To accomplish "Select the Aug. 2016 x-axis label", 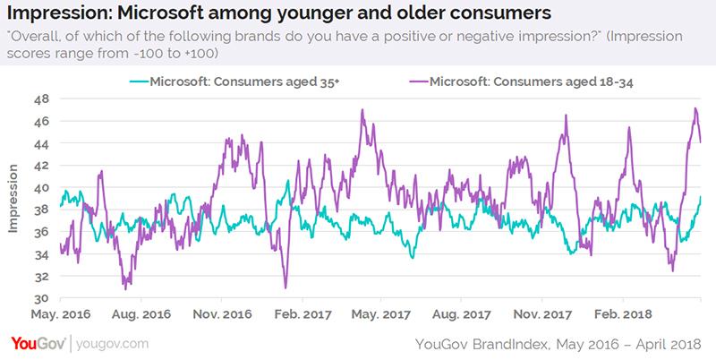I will pos(141,315).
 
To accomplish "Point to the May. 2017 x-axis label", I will pos(385,315).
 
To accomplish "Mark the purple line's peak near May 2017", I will pos(362,110).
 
